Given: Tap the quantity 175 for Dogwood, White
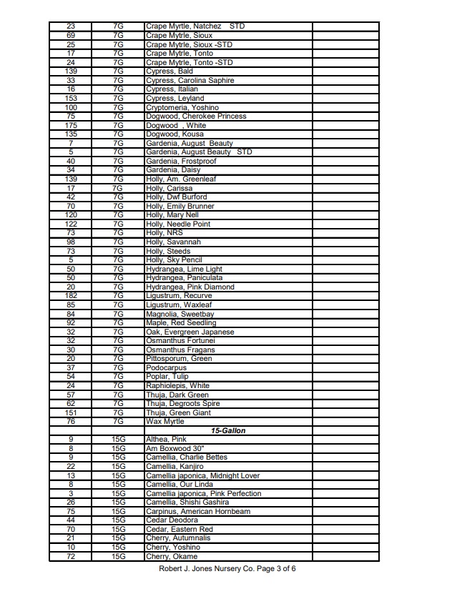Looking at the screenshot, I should coord(71,125).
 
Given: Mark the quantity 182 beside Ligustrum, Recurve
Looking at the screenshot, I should coord(71,296).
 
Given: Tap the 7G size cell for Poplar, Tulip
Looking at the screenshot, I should coord(119,377).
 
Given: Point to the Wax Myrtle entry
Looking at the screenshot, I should coord(165,422).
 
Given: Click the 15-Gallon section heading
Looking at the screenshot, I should coord(228,431).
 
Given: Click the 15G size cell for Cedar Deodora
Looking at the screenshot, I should coord(119,520).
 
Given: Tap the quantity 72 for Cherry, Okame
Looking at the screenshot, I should coord(71,556).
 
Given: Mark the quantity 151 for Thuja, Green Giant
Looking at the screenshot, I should coord(71,412).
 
